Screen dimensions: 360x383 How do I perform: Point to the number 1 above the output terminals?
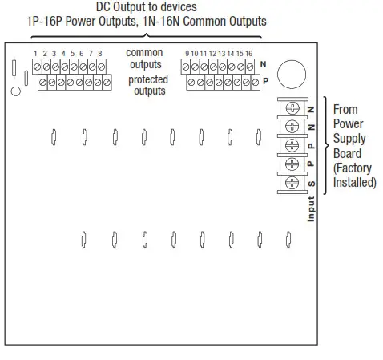pos(35,53)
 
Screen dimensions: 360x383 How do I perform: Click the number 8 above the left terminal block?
pos(99,53)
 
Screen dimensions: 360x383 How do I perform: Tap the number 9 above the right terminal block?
pos(187,53)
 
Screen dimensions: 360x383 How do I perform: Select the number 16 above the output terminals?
pos(249,53)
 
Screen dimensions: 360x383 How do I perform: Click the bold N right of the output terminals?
pos(263,64)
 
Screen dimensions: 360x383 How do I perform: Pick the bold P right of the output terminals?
pos(264,82)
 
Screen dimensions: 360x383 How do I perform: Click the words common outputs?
pos(146,59)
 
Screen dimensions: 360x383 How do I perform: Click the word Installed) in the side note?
pos(353,183)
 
